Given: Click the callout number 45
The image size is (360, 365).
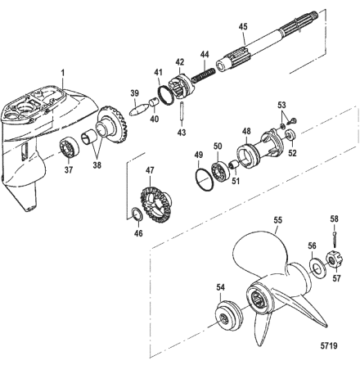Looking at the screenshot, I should pos(241,25).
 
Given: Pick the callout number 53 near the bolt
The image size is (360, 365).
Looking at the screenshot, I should pos(281,106).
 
